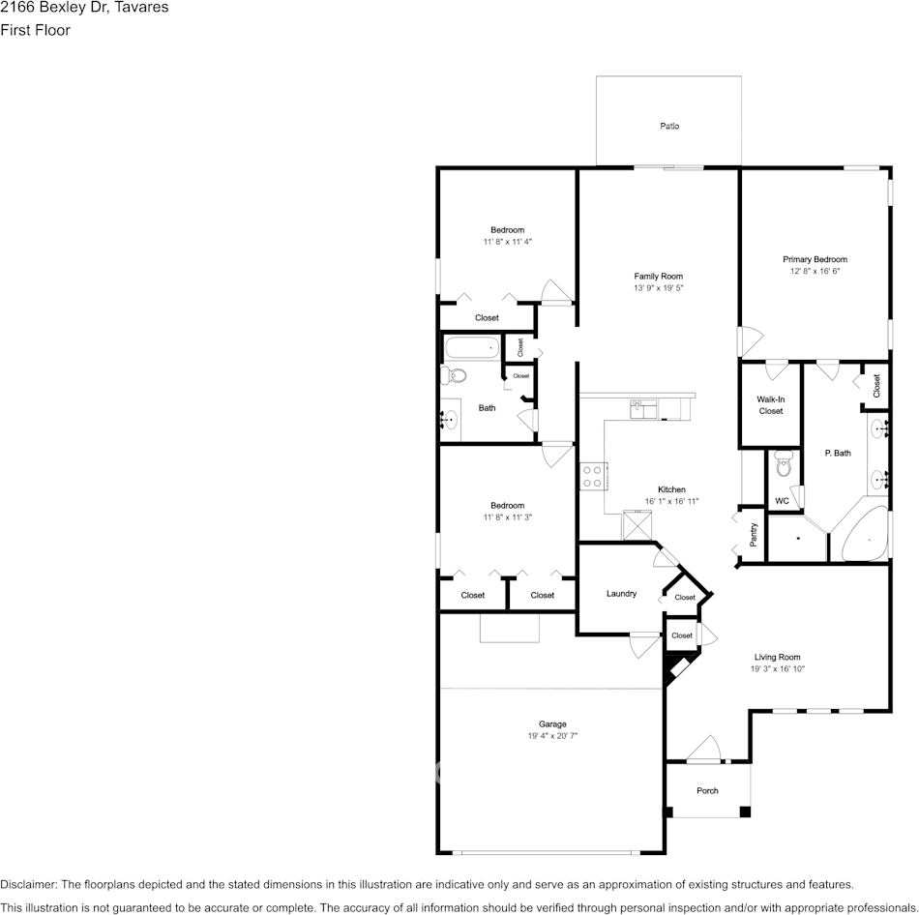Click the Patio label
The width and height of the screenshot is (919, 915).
[669, 126]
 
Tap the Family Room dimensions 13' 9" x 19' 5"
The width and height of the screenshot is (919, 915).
[658, 288]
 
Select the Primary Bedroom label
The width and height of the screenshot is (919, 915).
[815, 259]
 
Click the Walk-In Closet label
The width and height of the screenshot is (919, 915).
[770, 405]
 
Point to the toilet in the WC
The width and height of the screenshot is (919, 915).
[783, 466]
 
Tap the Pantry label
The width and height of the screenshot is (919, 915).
[754, 534]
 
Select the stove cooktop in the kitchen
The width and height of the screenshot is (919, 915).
[592, 476]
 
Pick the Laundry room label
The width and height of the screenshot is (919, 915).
[621, 593]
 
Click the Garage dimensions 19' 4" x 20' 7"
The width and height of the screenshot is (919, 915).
[552, 736]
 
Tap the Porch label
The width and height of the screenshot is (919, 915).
[707, 790]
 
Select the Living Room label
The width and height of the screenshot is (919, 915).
[777, 657]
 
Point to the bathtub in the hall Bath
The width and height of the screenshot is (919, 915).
[472, 347]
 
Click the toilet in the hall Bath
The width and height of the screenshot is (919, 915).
[453, 375]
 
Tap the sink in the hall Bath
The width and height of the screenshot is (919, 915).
[450, 419]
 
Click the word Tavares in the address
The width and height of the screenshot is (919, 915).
[141, 8]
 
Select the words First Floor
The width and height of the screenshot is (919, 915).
[35, 30]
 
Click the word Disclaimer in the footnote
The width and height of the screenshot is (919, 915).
[28, 884]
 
